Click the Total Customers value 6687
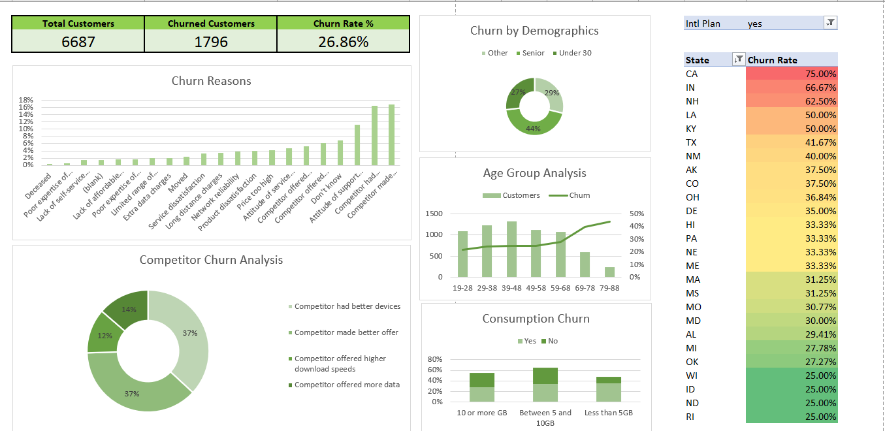[x=78, y=42]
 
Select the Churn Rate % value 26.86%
[x=344, y=42]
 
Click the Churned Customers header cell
[x=211, y=24]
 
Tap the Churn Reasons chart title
[x=211, y=81]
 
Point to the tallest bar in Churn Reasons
[x=391, y=135]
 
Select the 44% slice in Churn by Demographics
[x=534, y=122]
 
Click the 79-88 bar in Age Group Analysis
[x=609, y=272]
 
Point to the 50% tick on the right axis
[x=636, y=214]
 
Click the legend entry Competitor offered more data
[x=347, y=385]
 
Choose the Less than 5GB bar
[x=608, y=389]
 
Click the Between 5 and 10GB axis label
[x=545, y=417]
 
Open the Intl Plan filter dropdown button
[x=830, y=23]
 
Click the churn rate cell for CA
[x=792, y=74]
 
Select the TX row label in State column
[x=691, y=142]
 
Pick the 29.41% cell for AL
[x=792, y=334]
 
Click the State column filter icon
[x=739, y=60]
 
